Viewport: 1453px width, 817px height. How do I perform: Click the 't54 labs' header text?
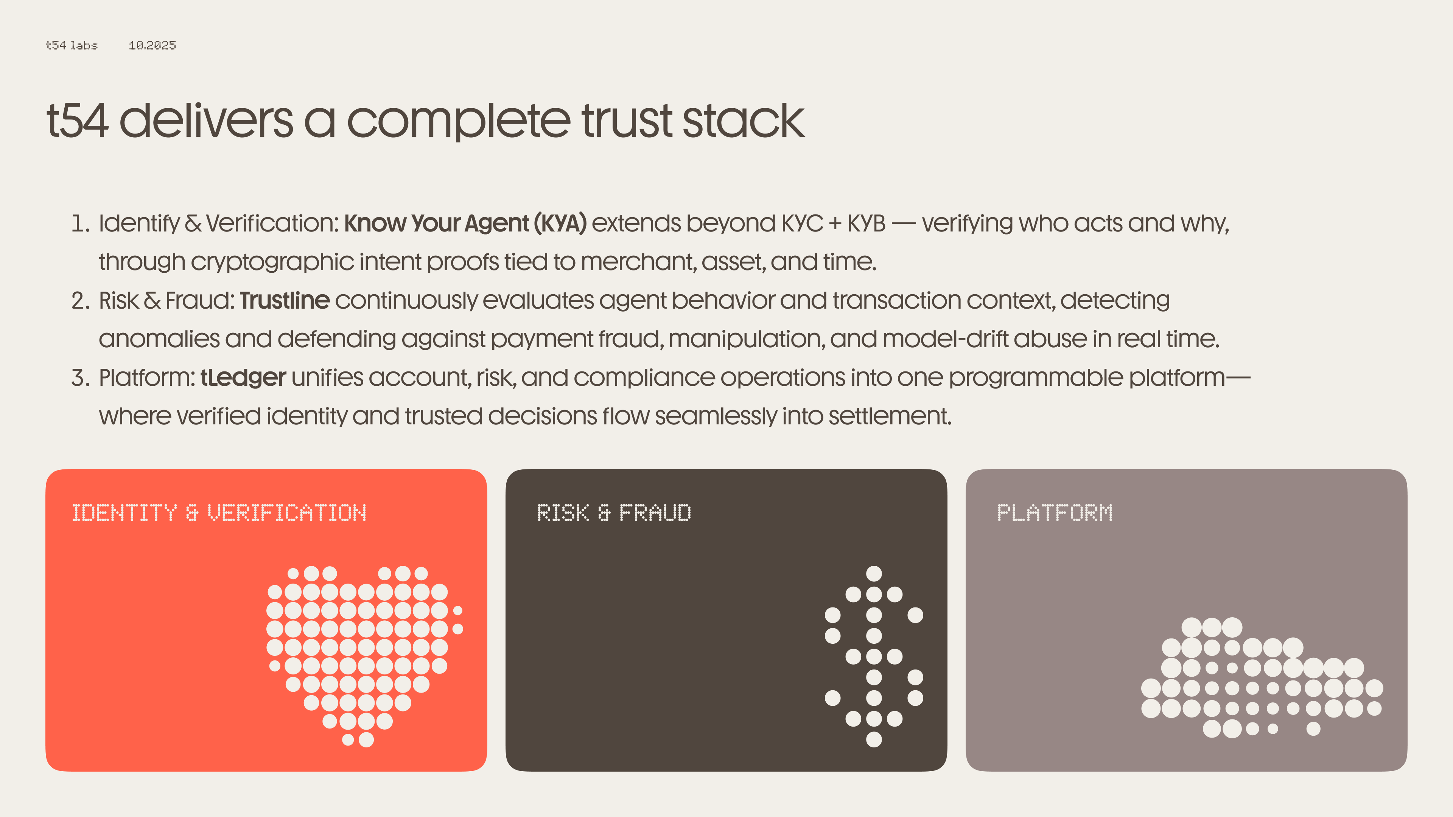coord(72,45)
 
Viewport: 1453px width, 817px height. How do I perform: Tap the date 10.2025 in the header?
coord(152,45)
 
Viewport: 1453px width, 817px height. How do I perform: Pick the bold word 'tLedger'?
coord(243,378)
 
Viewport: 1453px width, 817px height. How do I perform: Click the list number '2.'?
coord(81,301)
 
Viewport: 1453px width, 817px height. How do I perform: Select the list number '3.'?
coord(81,378)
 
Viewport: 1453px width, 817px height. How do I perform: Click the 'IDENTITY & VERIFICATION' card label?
coord(219,513)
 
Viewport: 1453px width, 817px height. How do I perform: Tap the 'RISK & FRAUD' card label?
coord(614,513)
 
